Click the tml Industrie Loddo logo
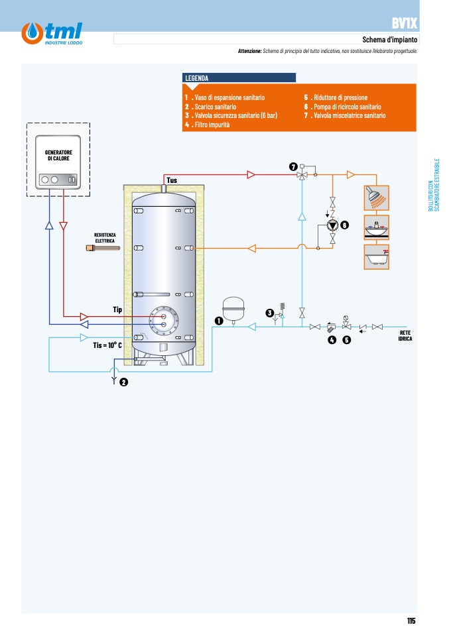52,33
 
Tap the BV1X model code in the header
404,23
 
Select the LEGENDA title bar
239,78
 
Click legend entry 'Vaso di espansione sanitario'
225,97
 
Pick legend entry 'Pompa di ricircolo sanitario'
343,107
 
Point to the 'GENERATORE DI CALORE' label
58,156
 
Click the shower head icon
377,198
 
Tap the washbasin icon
377,227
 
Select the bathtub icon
377,257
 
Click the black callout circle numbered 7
293,166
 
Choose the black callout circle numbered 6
344,225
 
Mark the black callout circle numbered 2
123,382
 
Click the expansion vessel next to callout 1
233,310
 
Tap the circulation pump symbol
333,225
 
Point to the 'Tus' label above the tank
172,180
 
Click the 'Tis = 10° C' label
107,345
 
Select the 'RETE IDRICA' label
405,335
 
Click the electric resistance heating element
103,248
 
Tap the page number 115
411,621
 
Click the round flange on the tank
164,321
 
